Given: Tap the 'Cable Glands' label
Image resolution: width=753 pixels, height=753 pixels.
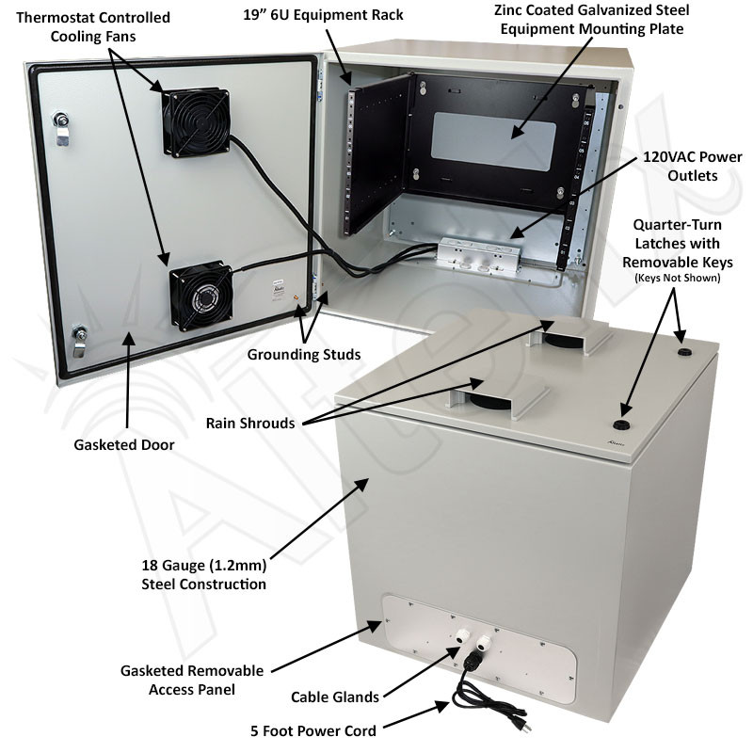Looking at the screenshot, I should [x=334, y=697].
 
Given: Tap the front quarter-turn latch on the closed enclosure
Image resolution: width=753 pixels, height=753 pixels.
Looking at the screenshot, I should [x=622, y=411].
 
